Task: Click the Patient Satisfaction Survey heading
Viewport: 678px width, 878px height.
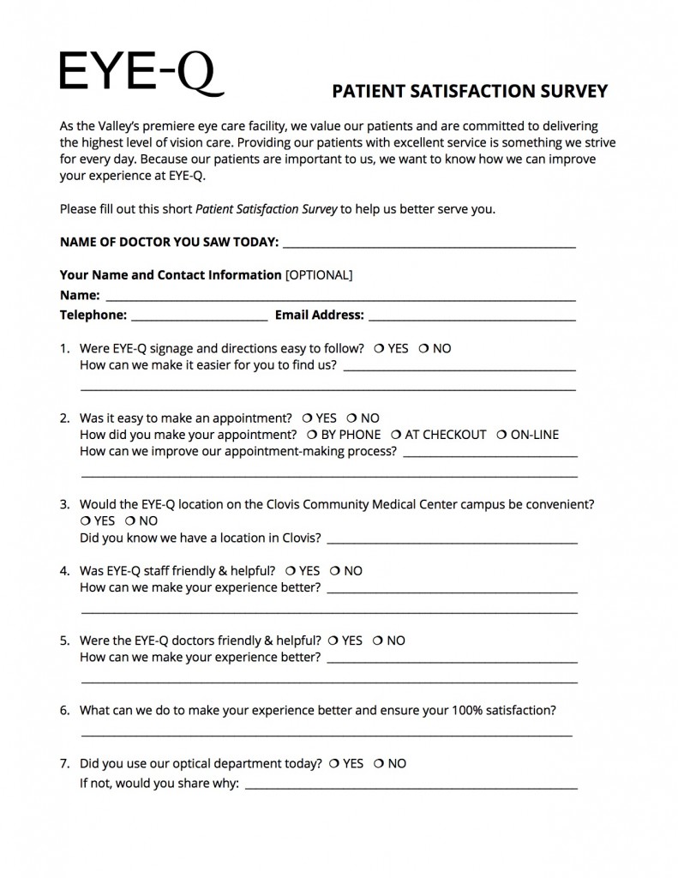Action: (470, 92)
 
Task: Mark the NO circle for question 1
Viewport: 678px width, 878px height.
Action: (423, 349)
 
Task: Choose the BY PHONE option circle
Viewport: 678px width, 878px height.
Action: (311, 435)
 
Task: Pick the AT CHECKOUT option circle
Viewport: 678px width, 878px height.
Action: (395, 435)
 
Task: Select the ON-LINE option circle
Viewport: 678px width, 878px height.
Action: (501, 435)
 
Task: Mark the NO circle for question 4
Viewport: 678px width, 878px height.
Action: (334, 571)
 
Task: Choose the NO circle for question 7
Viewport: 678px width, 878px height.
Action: (378, 763)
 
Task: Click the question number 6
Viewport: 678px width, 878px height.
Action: (64, 711)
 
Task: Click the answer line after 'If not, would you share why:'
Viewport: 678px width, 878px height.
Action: (411, 785)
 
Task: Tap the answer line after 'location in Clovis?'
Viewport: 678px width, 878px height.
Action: (452, 540)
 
